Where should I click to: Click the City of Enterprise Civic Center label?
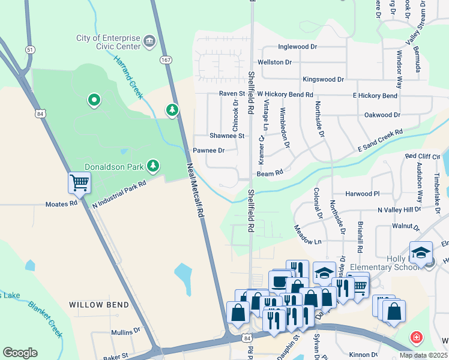point(108,43)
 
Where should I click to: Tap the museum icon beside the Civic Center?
point(149,41)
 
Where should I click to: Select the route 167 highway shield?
point(166,60)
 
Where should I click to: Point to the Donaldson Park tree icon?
point(154,165)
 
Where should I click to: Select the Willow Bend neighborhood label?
point(99,305)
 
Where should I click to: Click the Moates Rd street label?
point(62,204)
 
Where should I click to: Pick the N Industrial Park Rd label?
point(119,196)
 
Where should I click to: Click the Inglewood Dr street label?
point(297,47)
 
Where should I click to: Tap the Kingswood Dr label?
point(323,79)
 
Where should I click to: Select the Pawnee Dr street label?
point(208,151)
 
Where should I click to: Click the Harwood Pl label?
point(363,194)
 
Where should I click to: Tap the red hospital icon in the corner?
point(415,338)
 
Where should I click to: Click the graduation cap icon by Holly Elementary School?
point(421,252)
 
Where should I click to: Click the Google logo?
point(20,353)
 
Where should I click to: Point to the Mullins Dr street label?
point(125,331)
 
